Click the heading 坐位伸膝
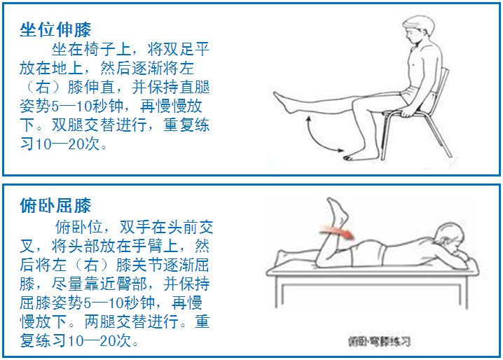pyautogui.click(x=55, y=30)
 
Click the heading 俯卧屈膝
pyautogui.click(x=55, y=205)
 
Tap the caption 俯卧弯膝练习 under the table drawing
pyautogui.click(x=379, y=341)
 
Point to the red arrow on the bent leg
pyautogui.click(x=338, y=232)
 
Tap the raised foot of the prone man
pyautogui.click(x=337, y=211)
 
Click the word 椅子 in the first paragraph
pyautogui.click(x=99, y=50)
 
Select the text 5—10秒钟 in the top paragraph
pyautogui.click(x=88, y=106)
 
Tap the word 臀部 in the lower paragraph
pyautogui.click(x=132, y=284)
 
